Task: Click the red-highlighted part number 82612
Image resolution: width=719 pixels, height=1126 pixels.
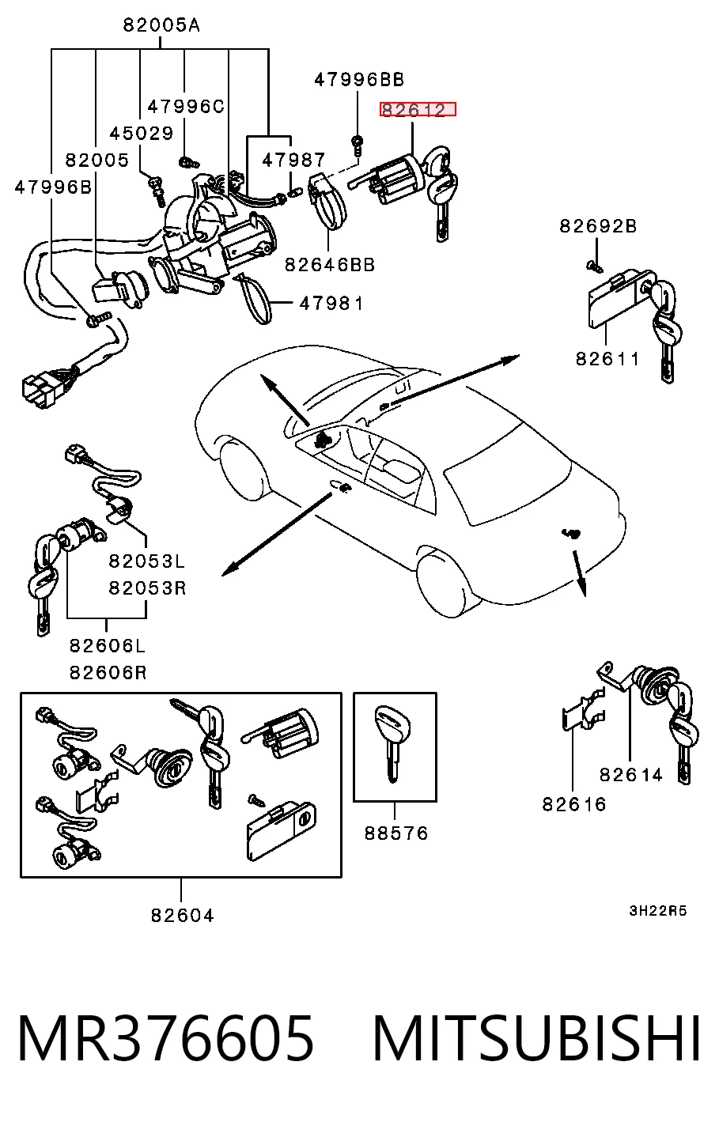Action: coord(418,109)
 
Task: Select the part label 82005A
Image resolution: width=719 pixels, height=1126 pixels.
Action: coord(161,25)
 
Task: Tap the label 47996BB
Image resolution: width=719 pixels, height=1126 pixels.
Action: coord(359,79)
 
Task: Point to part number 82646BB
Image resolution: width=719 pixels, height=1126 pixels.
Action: coord(330,264)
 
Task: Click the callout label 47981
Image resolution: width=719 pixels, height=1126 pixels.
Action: coord(331,303)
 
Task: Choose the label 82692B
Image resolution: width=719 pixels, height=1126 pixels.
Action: coord(598,226)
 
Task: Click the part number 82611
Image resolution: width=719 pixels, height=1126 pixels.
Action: coord(607,359)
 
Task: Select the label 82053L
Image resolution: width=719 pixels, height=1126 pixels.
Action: coord(147,561)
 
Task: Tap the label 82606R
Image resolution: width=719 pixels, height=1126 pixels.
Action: coord(108,672)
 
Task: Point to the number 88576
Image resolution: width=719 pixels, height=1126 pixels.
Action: coord(396,833)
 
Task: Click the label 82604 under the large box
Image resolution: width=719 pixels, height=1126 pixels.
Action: coord(183,916)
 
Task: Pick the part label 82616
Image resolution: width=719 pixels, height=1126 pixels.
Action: coord(574,804)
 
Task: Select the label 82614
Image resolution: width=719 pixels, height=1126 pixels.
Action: coord(631,775)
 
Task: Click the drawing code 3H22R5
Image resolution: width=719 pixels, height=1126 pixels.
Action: coord(658,911)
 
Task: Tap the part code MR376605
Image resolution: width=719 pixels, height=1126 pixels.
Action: coord(166,1038)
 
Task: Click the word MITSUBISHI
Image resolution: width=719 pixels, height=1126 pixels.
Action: coord(536,1038)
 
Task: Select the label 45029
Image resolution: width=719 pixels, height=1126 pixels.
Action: coord(142,133)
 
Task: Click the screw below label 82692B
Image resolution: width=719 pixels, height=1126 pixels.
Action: coord(595,266)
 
